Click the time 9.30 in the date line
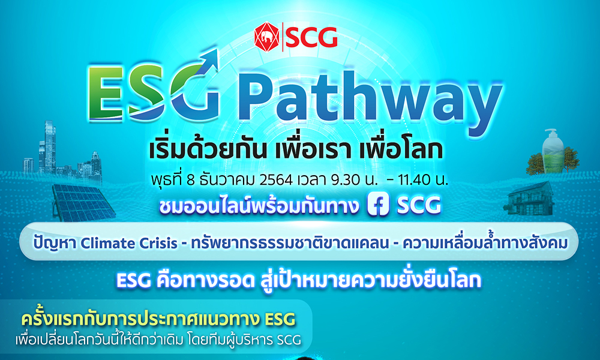[x=353, y=179]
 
